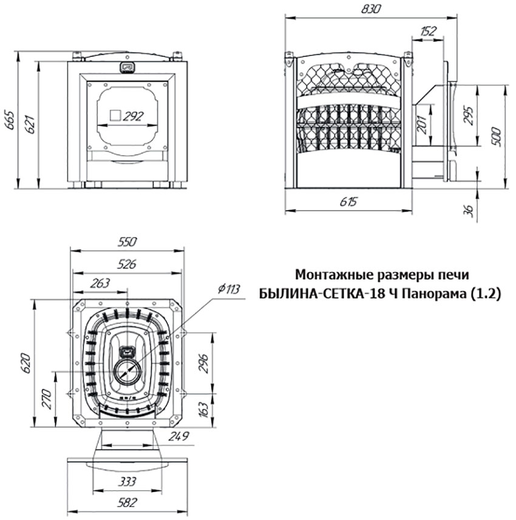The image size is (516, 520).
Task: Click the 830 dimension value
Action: (371, 9)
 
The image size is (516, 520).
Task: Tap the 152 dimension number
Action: (428, 31)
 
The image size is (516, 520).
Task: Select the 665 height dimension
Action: (10, 120)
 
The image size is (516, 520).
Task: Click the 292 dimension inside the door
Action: (133, 116)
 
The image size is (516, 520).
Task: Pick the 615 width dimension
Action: (348, 201)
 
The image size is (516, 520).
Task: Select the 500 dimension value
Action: (497, 137)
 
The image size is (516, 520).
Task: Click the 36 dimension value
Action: (468, 210)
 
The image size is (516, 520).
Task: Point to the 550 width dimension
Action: (127, 241)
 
